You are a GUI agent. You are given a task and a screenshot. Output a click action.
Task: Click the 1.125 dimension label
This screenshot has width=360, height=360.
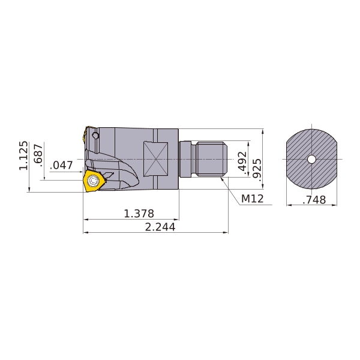[x=24, y=155]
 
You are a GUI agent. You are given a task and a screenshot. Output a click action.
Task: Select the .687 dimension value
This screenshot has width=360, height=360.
[x=38, y=154]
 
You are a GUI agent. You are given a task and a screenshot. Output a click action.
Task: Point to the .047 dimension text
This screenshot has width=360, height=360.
[x=62, y=165]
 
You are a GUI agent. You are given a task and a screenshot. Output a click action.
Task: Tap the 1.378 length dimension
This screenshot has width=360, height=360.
[x=139, y=214]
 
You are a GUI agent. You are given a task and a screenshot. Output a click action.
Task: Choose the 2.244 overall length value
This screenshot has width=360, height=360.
[x=160, y=227]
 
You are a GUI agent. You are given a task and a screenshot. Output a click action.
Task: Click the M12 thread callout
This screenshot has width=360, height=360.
[x=253, y=199]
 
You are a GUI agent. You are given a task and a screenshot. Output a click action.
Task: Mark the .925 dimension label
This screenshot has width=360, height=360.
[x=257, y=169]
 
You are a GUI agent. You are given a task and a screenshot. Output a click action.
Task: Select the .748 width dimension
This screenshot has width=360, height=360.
[x=314, y=200]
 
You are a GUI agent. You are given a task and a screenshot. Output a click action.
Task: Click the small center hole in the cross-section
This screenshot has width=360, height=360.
[x=311, y=160]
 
